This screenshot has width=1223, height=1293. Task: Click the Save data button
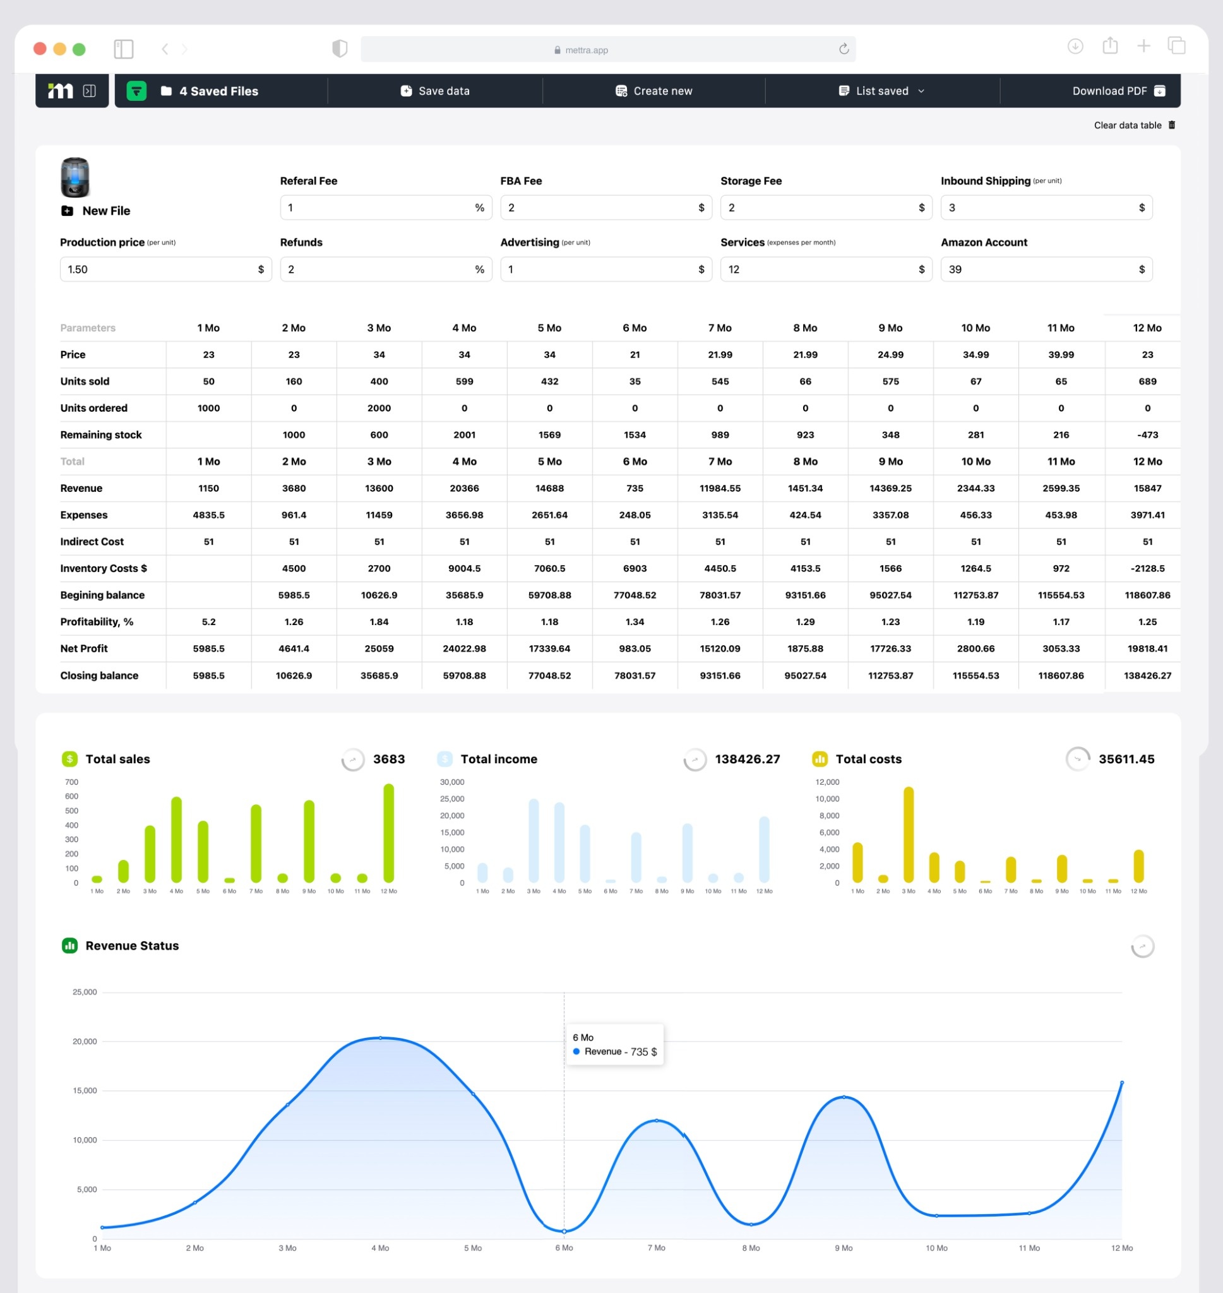[435, 90]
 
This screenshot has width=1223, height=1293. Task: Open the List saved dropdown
[881, 90]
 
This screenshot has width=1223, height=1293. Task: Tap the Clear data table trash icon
[1171, 125]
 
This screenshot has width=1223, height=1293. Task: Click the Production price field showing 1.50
[157, 269]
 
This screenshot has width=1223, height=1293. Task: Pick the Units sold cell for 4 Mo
[464, 381]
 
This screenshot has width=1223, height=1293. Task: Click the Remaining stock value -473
[1147, 435]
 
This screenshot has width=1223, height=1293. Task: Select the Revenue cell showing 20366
[464, 488]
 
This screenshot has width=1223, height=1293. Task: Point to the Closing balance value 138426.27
[1147, 675]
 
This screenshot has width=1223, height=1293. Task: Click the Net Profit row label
[84, 648]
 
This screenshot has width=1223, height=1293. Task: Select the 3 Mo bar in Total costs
[908, 834]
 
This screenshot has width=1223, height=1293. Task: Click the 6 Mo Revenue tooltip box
[614, 1045]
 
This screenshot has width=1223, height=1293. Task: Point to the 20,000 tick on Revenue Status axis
[85, 1042]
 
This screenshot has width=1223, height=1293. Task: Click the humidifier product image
[75, 177]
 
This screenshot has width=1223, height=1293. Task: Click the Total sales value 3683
[388, 759]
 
